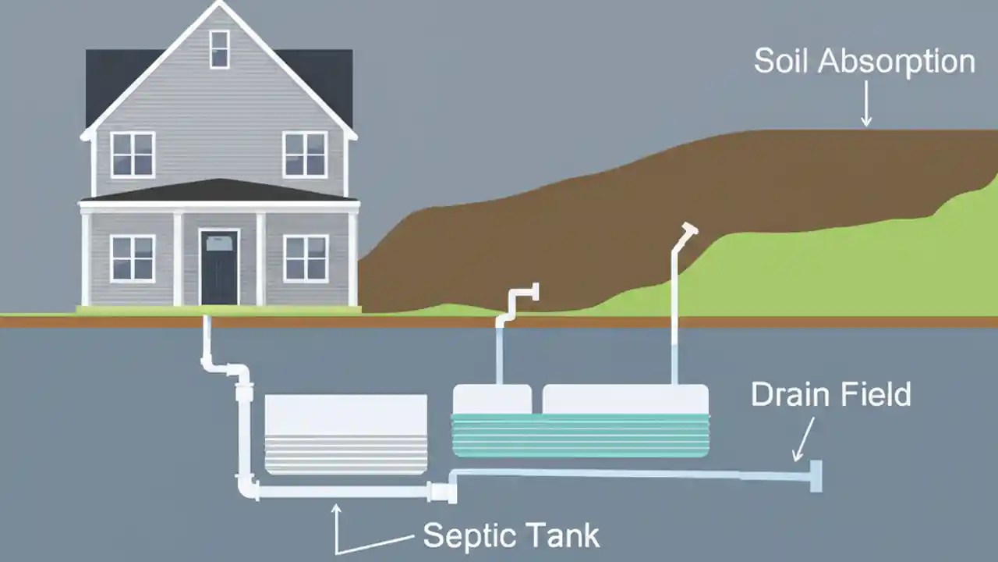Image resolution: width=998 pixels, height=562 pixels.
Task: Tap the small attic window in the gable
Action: click(x=220, y=49)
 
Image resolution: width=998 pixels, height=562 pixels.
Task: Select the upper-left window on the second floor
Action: click(x=133, y=154)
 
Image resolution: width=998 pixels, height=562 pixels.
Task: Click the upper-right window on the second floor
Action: click(x=305, y=154)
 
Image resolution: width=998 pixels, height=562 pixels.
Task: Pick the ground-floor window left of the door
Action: click(x=133, y=258)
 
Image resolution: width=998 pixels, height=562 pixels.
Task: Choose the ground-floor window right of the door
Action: click(x=306, y=258)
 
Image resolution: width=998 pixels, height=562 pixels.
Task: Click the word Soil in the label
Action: click(x=782, y=62)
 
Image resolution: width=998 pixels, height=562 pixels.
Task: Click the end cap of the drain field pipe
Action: click(x=816, y=475)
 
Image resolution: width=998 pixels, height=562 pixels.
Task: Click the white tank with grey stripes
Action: click(x=346, y=434)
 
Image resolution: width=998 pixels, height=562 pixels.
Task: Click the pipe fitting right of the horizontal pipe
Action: click(x=441, y=492)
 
